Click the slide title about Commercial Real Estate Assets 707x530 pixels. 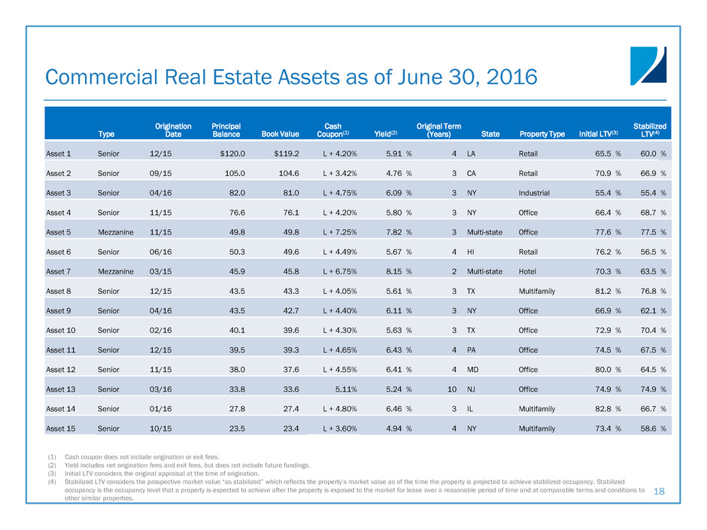pyautogui.click(x=291, y=77)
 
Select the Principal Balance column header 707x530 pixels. pyautogui.click(x=226, y=130)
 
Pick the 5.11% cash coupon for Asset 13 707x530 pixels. pyautogui.click(x=344, y=389)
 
